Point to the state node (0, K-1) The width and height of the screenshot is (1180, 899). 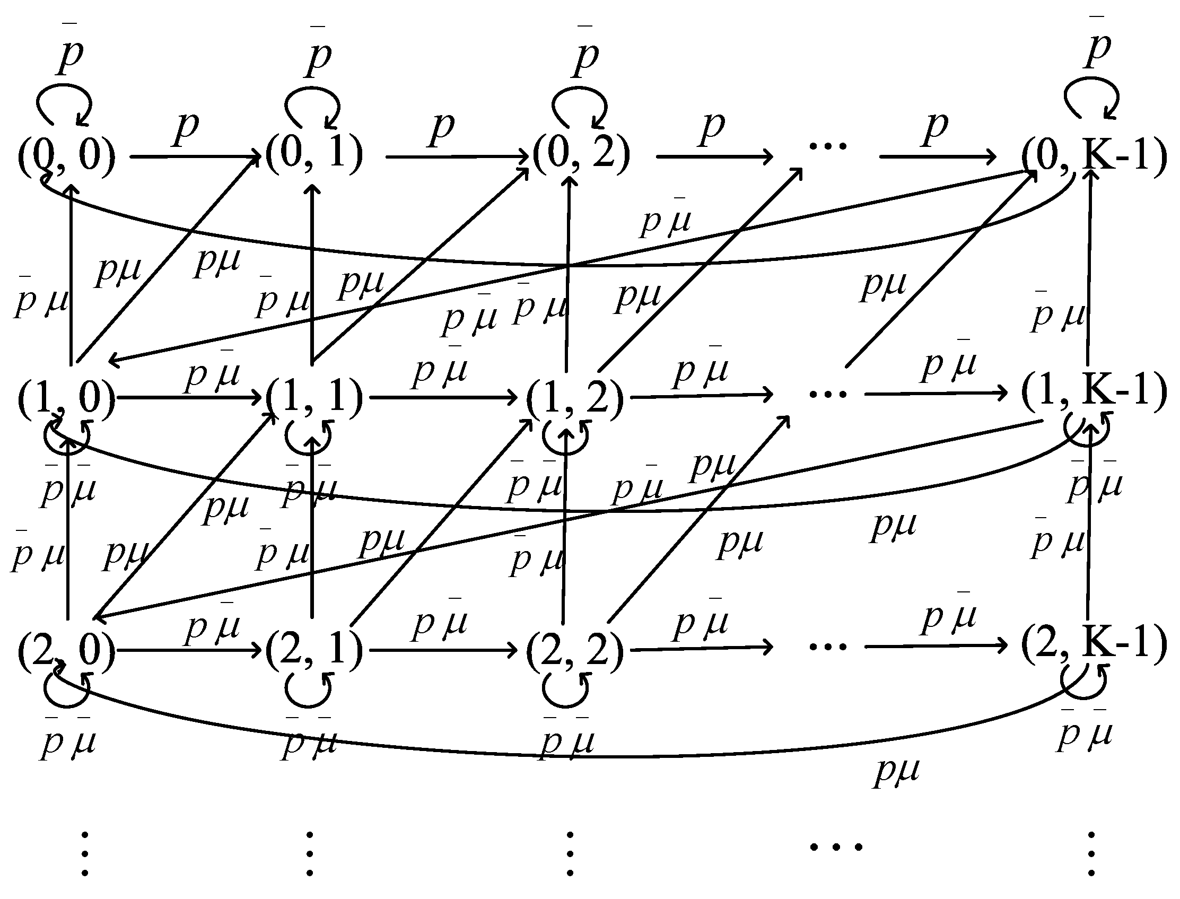click(1094, 156)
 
